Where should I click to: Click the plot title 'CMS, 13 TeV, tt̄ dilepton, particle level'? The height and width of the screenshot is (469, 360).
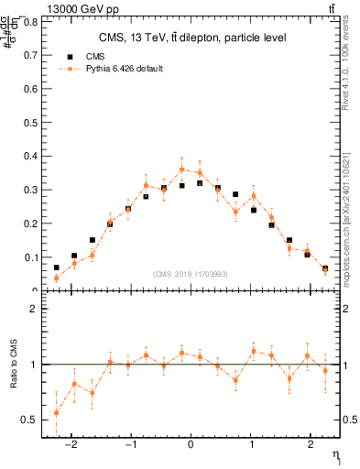point(193,38)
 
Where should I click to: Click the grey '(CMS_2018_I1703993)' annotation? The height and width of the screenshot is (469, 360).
point(191,274)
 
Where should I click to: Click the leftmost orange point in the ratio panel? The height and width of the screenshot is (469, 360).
point(56,412)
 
